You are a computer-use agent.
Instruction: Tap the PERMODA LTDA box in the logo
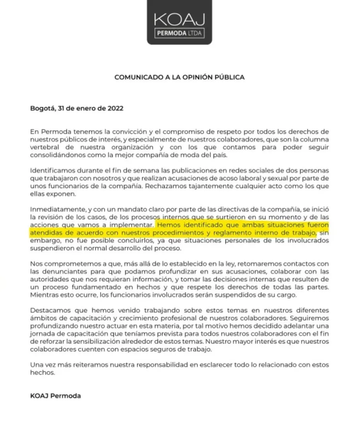click(x=179, y=33)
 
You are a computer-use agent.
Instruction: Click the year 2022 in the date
click(x=115, y=108)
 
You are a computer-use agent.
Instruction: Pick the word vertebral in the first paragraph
click(x=44, y=146)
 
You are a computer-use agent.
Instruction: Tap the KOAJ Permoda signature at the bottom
click(x=55, y=396)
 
